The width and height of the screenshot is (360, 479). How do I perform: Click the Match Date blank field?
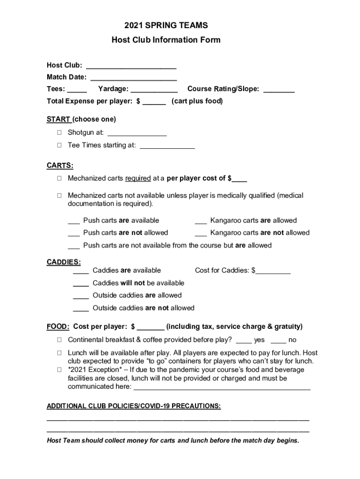tap(133, 78)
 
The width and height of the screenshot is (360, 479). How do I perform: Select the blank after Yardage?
tap(154, 89)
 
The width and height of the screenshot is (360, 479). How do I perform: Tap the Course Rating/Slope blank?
tap(279, 89)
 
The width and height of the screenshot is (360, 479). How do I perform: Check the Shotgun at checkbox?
tap(59, 133)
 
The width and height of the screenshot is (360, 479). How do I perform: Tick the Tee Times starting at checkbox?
tap(59, 145)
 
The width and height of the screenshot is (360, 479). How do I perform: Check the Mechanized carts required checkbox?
tap(59, 178)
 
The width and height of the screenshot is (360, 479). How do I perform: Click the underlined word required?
tap(138, 178)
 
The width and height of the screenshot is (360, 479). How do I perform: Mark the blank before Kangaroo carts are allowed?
tap(201, 221)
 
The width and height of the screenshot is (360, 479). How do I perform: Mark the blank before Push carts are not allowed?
tap(73, 233)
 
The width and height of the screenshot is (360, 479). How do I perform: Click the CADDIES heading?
tap(64, 262)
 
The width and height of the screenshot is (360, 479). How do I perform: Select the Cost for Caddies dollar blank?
tap(273, 271)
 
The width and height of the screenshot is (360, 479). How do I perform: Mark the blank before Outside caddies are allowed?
tap(81, 296)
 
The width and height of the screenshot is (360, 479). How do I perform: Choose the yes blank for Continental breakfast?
tap(244, 341)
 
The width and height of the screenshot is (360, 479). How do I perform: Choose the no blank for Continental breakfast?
tap(278, 341)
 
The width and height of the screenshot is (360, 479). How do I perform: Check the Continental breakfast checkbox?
tap(59, 340)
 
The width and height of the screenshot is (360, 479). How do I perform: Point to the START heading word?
tap(58, 119)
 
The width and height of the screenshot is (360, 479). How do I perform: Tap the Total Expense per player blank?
tap(154, 102)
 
